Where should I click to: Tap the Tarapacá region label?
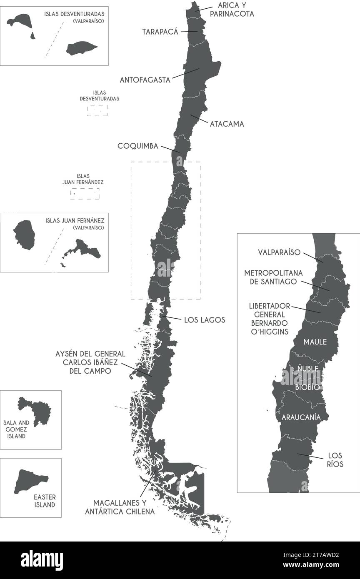[160, 32]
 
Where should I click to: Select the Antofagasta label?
[145, 80]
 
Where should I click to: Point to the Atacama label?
[227, 124]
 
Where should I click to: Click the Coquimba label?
[138, 146]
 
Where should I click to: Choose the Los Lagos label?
[205, 320]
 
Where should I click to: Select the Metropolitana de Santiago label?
[273, 277]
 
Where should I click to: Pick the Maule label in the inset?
[315, 342]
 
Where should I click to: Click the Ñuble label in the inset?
[307, 369]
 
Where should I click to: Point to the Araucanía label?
[301, 417]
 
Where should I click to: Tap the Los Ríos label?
[335, 459]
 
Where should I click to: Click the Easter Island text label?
[45, 501]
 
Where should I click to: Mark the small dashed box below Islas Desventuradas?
[97, 110]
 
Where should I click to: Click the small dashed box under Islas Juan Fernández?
[85, 194]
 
